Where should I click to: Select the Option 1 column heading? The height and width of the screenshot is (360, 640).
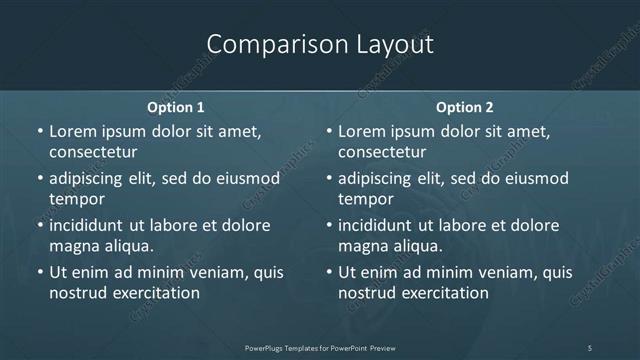tap(176, 106)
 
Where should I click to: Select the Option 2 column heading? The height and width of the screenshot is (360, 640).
tap(465, 106)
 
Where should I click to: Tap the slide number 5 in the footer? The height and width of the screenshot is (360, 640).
tap(590, 348)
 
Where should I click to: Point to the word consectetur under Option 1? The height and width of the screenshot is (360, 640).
tap(92, 152)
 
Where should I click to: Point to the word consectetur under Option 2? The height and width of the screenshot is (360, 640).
tap(382, 152)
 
